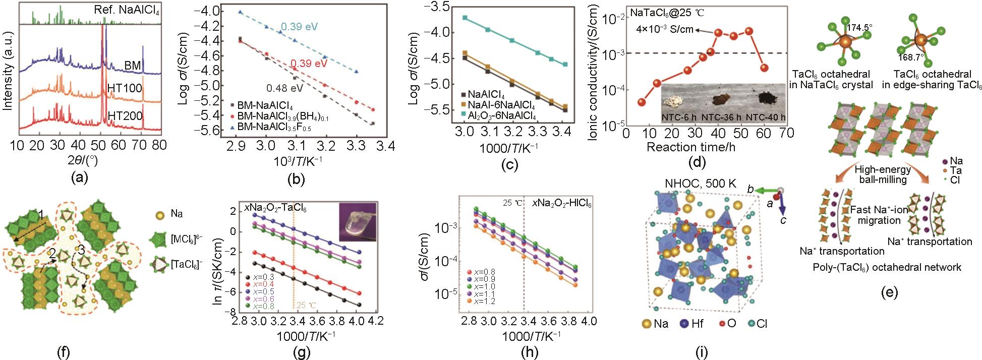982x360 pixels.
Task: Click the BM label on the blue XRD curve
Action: tap(133, 66)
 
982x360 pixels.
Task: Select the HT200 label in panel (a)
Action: tap(125, 116)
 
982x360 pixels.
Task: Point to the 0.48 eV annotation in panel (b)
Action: tap(285, 88)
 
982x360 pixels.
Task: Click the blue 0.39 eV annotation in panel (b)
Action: tap(300, 27)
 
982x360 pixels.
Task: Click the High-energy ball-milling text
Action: tap(883, 175)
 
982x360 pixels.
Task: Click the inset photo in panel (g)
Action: tap(358, 222)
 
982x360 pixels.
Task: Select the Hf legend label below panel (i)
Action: tap(698, 323)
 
